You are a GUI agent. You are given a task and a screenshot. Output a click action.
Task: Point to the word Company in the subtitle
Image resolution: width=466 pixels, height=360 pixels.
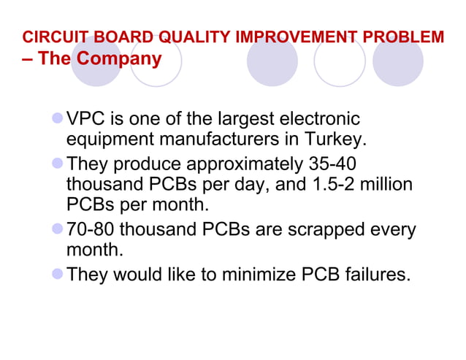[120, 58]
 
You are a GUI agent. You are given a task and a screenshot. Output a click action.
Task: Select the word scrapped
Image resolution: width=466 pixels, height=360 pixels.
[332, 231]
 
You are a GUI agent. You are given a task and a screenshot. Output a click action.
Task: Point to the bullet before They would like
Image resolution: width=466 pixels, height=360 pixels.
[58, 275]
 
